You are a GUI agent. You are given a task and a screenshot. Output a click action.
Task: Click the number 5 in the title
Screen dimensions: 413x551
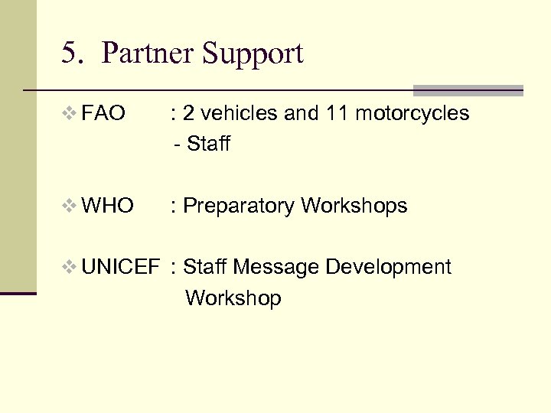70,54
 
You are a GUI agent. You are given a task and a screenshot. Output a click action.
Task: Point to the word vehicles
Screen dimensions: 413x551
238,114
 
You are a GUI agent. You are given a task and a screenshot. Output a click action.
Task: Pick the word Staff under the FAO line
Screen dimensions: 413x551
207,145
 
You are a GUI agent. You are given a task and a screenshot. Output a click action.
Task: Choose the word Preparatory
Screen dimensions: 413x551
240,206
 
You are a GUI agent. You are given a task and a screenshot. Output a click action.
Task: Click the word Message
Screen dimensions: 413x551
276,267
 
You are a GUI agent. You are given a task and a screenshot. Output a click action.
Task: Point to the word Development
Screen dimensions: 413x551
389,268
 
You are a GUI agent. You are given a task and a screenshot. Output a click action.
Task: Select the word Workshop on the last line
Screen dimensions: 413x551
233,298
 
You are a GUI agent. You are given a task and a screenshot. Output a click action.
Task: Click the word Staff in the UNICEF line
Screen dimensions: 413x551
206,267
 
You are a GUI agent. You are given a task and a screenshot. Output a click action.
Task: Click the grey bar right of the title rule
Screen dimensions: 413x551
468,90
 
